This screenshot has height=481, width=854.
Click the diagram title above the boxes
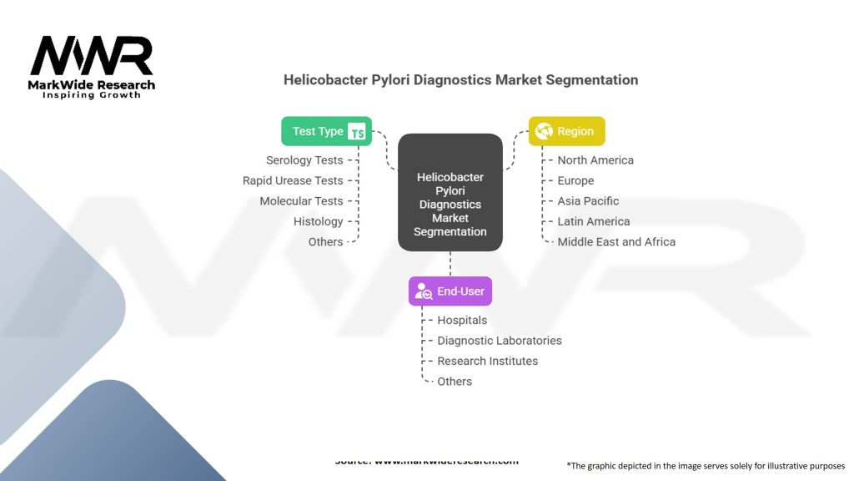coord(460,80)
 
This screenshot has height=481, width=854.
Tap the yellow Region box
coord(567,131)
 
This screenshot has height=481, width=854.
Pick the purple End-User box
coord(450,291)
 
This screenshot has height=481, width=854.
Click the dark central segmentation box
coord(450,193)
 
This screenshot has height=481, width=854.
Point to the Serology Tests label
coord(304,160)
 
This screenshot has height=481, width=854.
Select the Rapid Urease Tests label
coord(293,180)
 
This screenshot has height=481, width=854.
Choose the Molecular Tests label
coord(301,201)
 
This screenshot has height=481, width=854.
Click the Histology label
coord(318,221)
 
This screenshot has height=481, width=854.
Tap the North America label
coord(595,160)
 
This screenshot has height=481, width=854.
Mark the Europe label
coord(575,180)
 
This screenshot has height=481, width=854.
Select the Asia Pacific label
coord(588,201)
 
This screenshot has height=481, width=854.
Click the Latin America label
coord(594,221)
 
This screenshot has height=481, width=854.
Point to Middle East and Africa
coord(616,242)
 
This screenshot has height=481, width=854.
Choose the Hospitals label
coord(462,320)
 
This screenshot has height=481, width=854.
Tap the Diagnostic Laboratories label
coord(500,341)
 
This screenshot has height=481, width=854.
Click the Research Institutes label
coord(488,361)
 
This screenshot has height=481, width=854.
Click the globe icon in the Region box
coord(545,131)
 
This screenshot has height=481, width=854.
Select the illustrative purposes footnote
coord(706,466)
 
